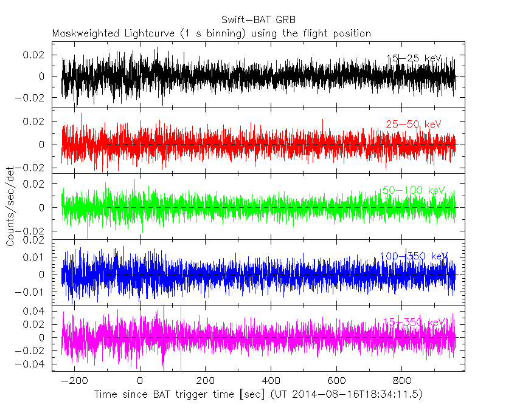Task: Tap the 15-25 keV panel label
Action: click(x=414, y=58)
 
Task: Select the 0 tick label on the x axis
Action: click(x=140, y=381)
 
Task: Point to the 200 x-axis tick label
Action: click(x=205, y=381)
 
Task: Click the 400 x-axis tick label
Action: click(x=271, y=381)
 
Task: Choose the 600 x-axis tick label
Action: click(x=336, y=381)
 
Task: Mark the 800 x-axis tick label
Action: click(x=401, y=381)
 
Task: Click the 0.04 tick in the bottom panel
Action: click(x=35, y=312)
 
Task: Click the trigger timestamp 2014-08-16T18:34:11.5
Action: click(x=355, y=395)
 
